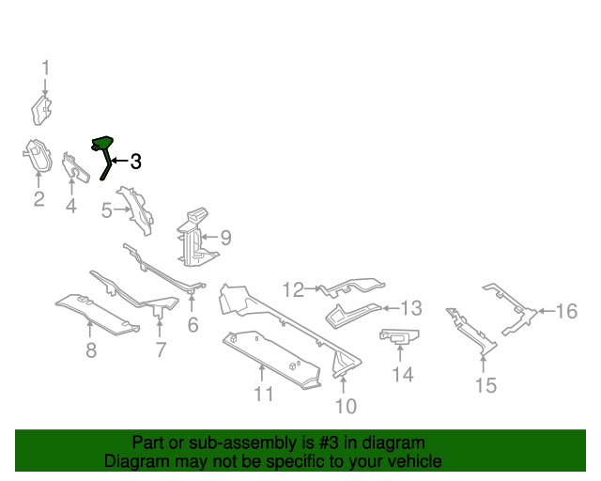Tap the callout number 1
(x=45, y=68)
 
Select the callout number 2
(x=39, y=198)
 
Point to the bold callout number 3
(x=135, y=162)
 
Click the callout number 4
(x=71, y=204)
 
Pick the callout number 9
(x=224, y=239)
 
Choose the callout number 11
(x=264, y=394)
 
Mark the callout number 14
(x=402, y=375)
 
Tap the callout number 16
(x=566, y=311)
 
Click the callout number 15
(x=485, y=384)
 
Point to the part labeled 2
(x=35, y=156)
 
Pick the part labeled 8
(x=94, y=311)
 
